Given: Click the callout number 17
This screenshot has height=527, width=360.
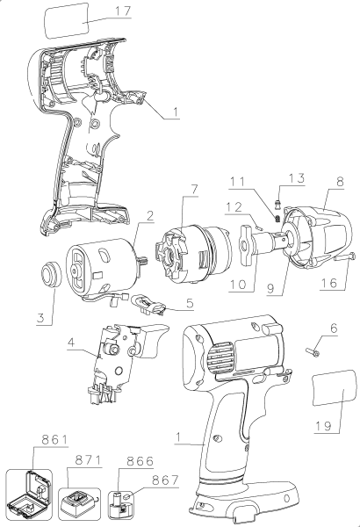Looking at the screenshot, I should (x=122, y=12).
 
